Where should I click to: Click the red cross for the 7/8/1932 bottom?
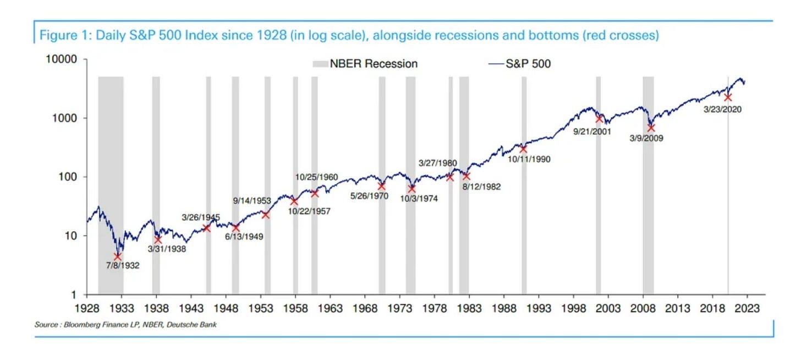point(117,257)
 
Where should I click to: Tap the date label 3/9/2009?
point(647,139)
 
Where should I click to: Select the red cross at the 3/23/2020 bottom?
point(728,97)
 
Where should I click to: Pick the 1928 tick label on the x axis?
point(87,308)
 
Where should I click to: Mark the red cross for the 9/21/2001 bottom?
point(600,118)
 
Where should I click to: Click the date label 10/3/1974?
point(419,199)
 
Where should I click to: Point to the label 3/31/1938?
point(167,249)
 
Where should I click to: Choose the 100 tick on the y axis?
point(74,177)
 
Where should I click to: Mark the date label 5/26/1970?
point(370,195)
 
